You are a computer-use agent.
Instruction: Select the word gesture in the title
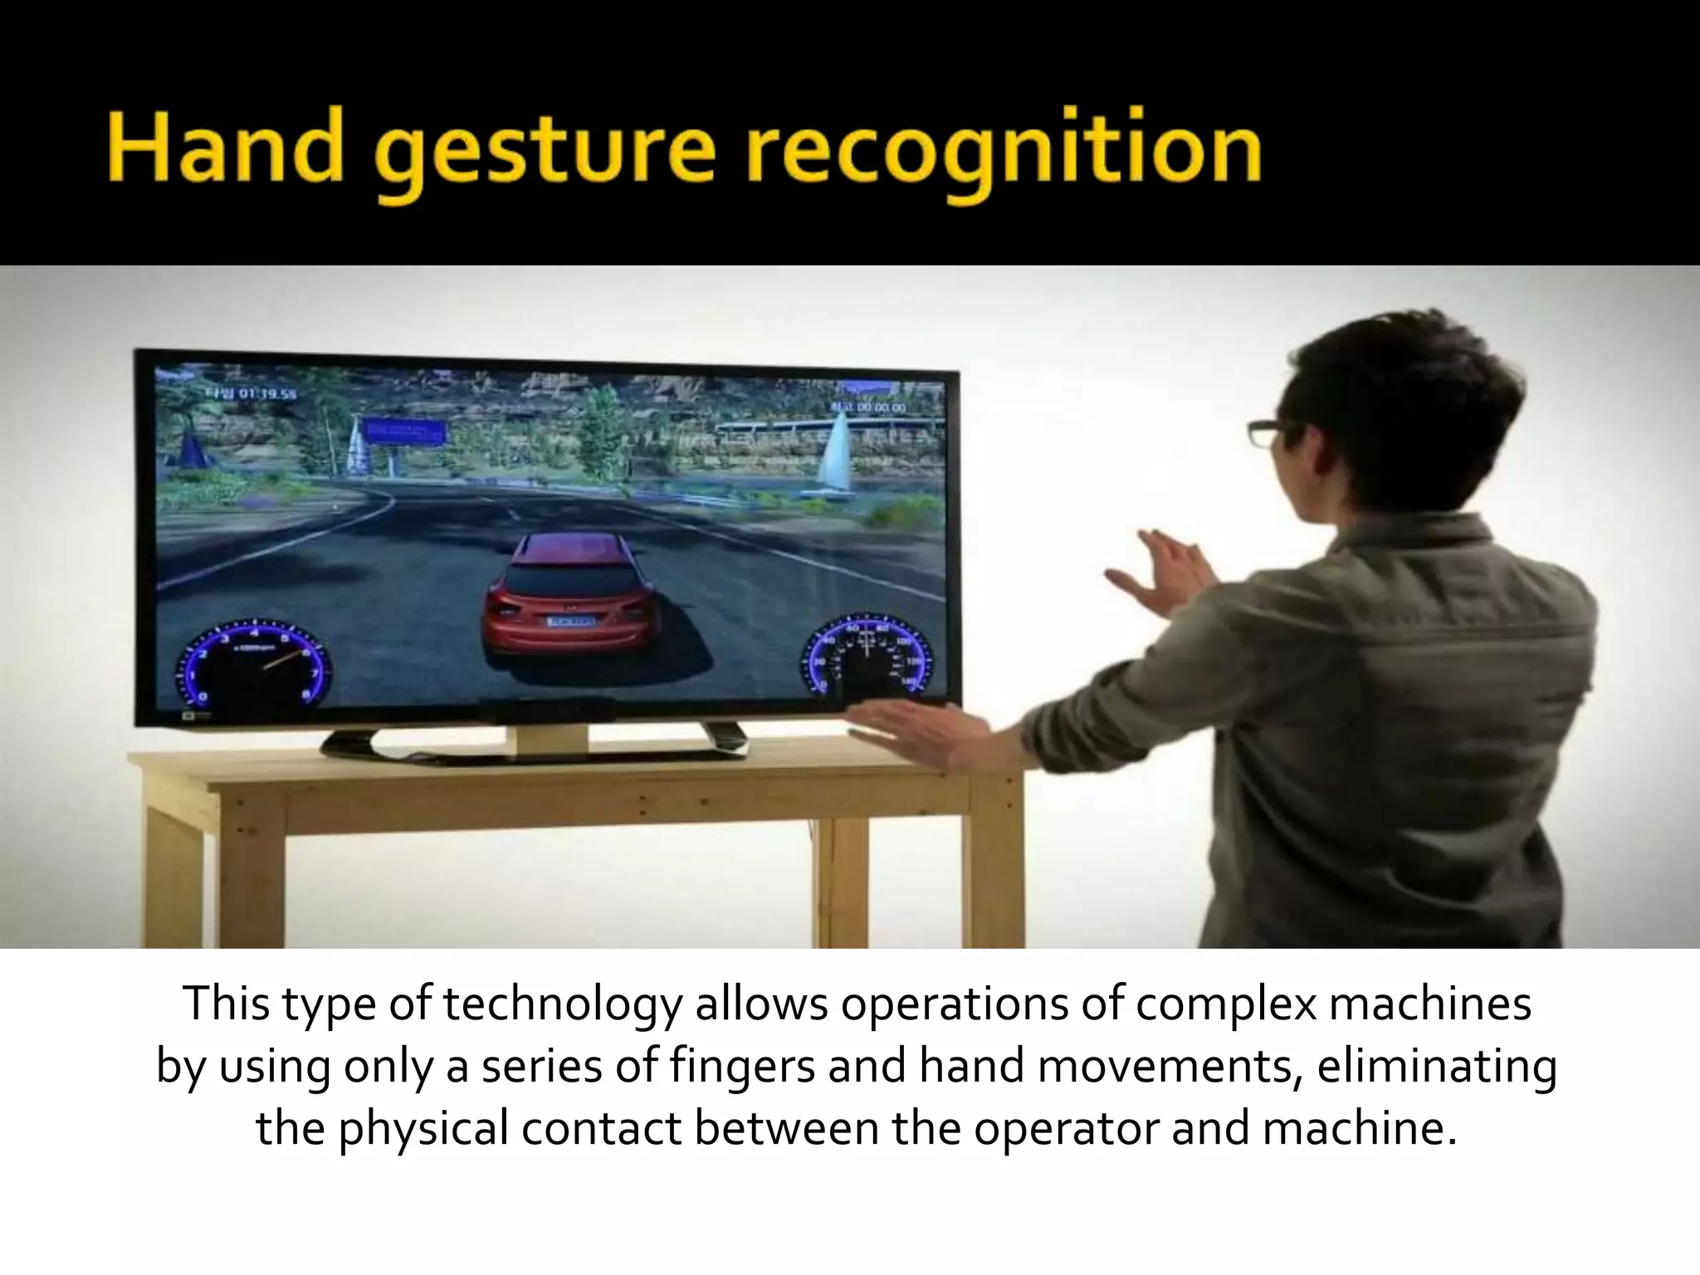tap(548, 154)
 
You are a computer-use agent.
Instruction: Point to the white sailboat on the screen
tap(835, 452)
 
